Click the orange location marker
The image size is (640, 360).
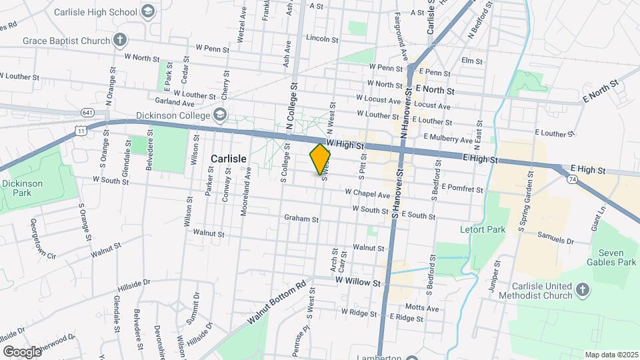point(321,159)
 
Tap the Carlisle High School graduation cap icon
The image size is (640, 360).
point(148,11)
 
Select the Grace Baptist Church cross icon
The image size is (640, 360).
point(119,41)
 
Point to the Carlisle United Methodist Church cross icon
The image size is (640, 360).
point(583,290)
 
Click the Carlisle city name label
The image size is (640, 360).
point(229,158)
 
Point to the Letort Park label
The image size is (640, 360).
point(482,229)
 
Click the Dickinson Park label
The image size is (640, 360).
point(22,188)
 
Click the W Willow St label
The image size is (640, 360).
point(358,283)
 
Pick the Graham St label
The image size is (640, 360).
point(297,218)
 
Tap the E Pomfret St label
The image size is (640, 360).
point(461,189)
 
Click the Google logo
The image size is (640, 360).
point(22,351)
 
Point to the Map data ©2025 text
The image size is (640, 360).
point(611,355)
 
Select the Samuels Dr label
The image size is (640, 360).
point(555,240)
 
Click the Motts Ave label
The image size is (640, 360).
point(422,309)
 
